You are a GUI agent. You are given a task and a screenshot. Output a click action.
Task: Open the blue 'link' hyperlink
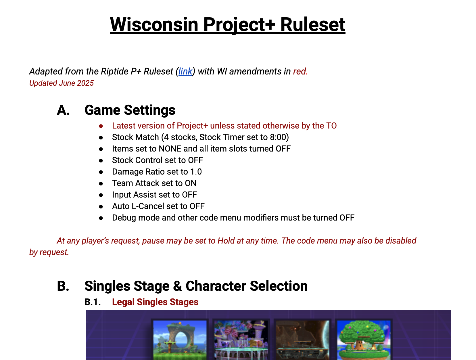185,71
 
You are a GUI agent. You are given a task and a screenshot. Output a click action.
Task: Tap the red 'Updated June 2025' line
62,83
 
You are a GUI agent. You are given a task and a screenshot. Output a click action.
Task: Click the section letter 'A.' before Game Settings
63,110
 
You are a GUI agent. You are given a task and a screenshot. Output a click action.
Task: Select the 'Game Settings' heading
130,110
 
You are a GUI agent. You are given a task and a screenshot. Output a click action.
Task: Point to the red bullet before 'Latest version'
101,126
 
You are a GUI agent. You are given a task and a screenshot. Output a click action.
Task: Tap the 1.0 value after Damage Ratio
196,172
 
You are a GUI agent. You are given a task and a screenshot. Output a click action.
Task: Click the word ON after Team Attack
191,183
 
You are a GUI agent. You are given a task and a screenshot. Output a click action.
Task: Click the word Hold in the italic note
226,241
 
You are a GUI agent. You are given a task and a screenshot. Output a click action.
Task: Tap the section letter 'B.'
63,286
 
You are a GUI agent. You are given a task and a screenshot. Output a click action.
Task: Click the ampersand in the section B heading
177,286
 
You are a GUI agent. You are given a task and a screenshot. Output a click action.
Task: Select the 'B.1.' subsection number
93,302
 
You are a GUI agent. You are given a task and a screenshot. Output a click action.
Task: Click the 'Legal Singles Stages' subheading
155,302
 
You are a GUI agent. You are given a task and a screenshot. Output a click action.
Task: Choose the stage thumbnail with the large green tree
364,340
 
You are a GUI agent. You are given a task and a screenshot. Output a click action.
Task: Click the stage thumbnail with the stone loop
180,340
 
